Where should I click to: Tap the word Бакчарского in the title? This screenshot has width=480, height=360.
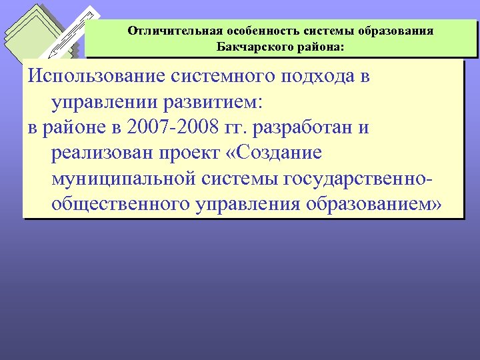coord(252,47)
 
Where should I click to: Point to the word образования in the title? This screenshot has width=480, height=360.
coord(398,31)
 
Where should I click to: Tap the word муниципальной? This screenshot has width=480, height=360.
coord(122,179)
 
